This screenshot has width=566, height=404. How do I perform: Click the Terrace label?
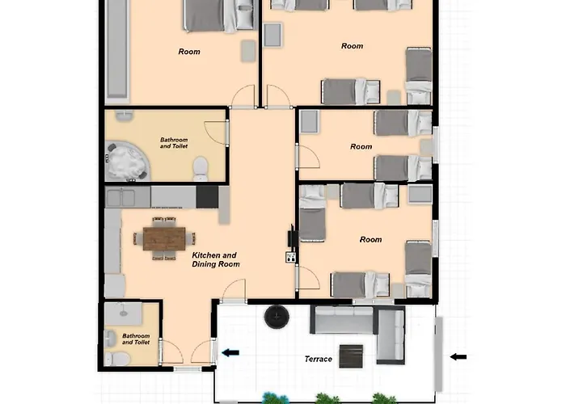pyautogui.click(x=318, y=359)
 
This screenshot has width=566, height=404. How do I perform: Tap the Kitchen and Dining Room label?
pyautogui.click(x=216, y=259)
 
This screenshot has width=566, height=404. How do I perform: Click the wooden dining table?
pyautogui.click(x=164, y=238)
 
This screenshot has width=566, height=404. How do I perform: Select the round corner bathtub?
pyautogui.click(x=128, y=162)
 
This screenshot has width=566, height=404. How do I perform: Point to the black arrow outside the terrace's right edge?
pyautogui.click(x=458, y=357)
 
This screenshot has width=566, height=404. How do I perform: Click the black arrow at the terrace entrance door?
pyautogui.click(x=230, y=353)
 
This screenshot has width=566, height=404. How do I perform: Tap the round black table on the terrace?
pyautogui.click(x=277, y=317)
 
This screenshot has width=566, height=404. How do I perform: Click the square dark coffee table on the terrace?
pyautogui.click(x=351, y=356)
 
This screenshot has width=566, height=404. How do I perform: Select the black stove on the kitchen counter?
pyautogui.click(x=207, y=197)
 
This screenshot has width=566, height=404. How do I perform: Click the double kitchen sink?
pyautogui.click(x=121, y=197)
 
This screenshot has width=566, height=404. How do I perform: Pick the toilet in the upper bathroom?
pyautogui.click(x=200, y=168)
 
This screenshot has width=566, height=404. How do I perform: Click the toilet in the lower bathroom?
pyautogui.click(x=117, y=359)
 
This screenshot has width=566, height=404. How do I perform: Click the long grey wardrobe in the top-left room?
pyautogui.click(x=118, y=48)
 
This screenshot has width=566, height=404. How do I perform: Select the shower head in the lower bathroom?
pyautogui.click(x=124, y=312)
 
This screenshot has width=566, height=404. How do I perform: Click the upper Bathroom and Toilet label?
pyautogui.click(x=174, y=143)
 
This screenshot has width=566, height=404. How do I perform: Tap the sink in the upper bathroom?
pyautogui.click(x=125, y=116)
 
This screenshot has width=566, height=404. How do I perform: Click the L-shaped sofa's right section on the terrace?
pyautogui.click(x=391, y=335)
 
